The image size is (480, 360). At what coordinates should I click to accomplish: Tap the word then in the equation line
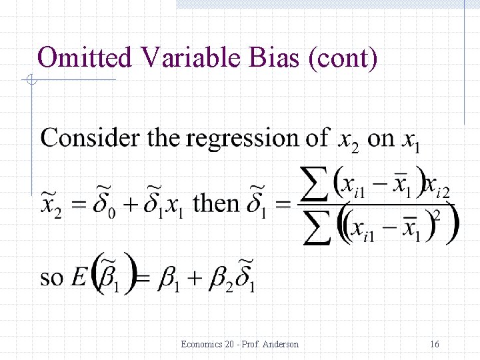pyautogui.click(x=216, y=202)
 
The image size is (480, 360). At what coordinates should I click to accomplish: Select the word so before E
pyautogui.click(x=53, y=277)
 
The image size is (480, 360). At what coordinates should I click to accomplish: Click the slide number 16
pyautogui.click(x=434, y=344)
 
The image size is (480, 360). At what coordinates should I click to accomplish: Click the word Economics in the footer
pyautogui.click(x=201, y=344)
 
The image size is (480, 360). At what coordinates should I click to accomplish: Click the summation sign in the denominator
pyautogui.click(x=317, y=229)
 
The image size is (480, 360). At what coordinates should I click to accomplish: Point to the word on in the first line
pyautogui.click(x=381, y=139)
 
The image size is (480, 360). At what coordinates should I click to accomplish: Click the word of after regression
pyautogui.click(x=317, y=138)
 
